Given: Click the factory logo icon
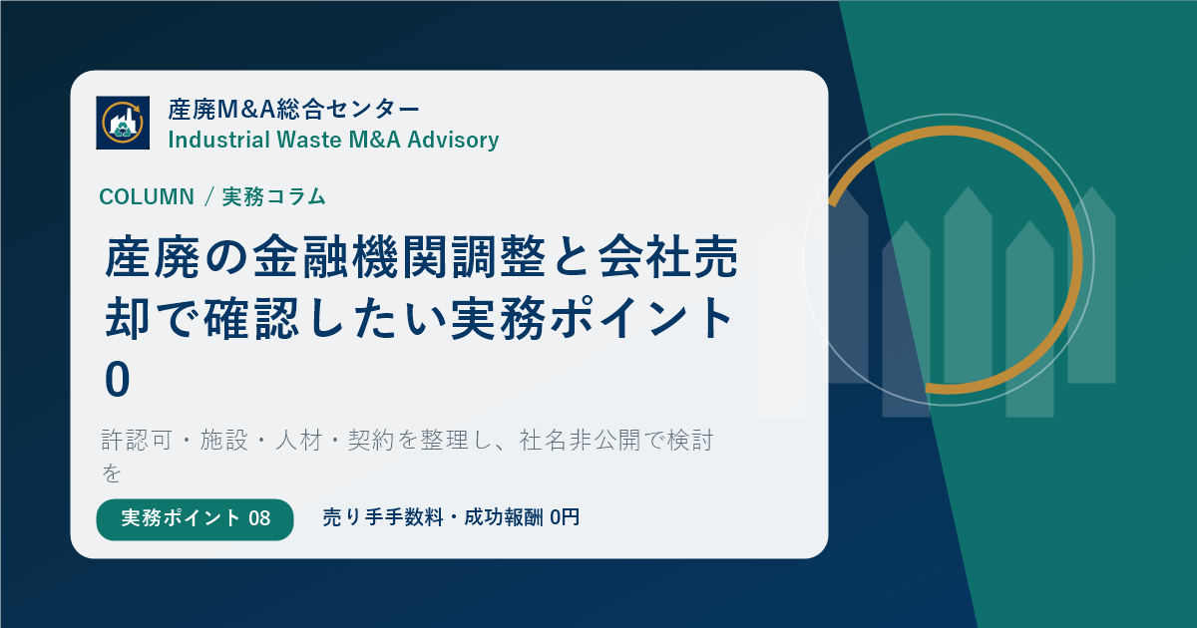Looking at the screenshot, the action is coord(123,123).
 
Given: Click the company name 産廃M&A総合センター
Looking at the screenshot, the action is coord(294,110).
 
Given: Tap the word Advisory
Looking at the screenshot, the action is coord(453,140).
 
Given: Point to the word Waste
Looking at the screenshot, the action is coord(309,140).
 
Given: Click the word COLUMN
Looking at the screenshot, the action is coord(147,197).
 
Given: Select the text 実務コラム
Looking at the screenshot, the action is coord(274,196).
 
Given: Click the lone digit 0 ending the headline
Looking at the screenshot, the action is coord(118,380).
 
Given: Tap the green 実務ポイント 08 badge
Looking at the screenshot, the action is coord(196,519).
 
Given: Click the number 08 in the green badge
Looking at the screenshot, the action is coord(259,518).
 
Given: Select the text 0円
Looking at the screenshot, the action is coord(565,517).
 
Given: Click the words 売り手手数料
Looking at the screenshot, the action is coord(383,517).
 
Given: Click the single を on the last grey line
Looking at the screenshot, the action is coord(112,473).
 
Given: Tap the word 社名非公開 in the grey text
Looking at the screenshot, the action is coord(580,441).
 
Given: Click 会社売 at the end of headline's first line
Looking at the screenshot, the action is coord(668,257).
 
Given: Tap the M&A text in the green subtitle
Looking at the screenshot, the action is coord(374,140).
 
